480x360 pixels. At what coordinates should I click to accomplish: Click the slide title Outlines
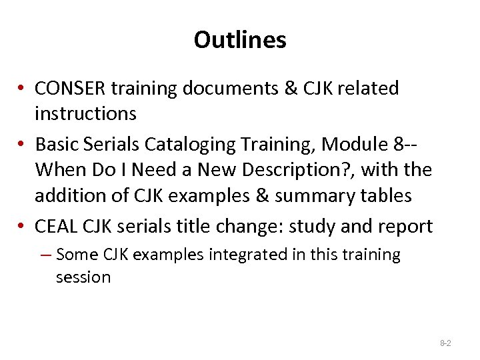tap(240, 40)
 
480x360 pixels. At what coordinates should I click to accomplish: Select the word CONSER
tap(70, 89)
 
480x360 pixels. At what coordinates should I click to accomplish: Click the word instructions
tap(85, 114)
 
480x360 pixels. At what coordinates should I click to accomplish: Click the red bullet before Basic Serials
tap(23, 145)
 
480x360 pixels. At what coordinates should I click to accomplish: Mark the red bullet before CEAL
tap(23, 227)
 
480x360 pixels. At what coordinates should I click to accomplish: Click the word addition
tap(69, 196)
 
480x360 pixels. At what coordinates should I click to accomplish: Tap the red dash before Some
tap(46, 255)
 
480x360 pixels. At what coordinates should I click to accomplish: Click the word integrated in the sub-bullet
tap(241, 255)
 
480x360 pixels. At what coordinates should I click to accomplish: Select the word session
tap(83, 277)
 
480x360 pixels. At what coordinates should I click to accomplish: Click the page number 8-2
tap(445, 343)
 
